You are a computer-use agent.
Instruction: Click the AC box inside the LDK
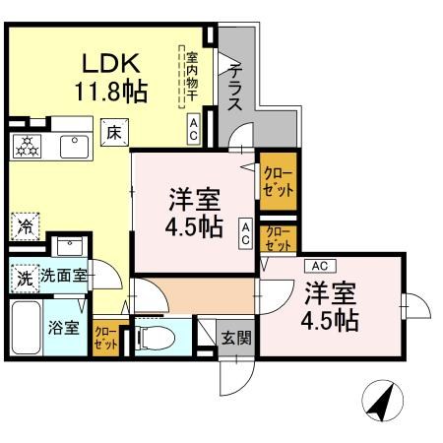[x=194, y=129]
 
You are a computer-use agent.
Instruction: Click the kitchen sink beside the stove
[x=73, y=147]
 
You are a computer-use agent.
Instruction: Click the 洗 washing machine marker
[x=23, y=278]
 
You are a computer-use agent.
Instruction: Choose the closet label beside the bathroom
[x=104, y=339]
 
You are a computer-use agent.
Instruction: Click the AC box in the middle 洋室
[x=245, y=232]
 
